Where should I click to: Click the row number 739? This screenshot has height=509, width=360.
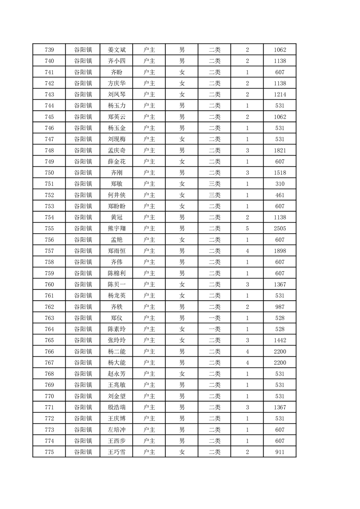pyautogui.click(x=49, y=50)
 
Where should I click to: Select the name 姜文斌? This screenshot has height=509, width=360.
pyautogui.click(x=116, y=50)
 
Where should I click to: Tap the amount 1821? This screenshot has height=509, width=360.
pyautogui.click(x=280, y=150)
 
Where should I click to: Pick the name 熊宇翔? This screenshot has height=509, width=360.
pyautogui.click(x=116, y=229)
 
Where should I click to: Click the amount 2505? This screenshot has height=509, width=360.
pyautogui.click(x=280, y=229)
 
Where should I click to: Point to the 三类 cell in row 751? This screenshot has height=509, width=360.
pyautogui.click(x=214, y=184)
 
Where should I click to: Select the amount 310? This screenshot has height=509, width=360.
pyautogui.click(x=280, y=184)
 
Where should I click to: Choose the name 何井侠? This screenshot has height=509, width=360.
pyautogui.click(x=116, y=195)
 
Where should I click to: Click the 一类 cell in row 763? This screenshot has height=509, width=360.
pyautogui.click(x=214, y=318)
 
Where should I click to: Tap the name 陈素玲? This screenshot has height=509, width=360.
pyautogui.click(x=116, y=329)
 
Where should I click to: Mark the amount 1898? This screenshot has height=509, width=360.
pyautogui.click(x=280, y=251)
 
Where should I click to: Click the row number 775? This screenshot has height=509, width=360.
pyautogui.click(x=49, y=452)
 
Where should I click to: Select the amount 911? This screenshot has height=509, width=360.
pyautogui.click(x=280, y=452)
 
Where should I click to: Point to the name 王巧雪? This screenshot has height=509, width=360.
pyautogui.click(x=116, y=452)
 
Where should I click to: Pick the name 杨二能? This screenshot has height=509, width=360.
pyautogui.click(x=116, y=352)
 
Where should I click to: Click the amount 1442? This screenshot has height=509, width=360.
pyautogui.click(x=280, y=340)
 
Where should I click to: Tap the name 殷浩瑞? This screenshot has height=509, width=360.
pyautogui.click(x=116, y=407)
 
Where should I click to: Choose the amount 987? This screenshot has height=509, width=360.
pyautogui.click(x=280, y=307)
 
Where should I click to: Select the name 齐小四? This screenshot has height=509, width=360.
pyautogui.click(x=116, y=61)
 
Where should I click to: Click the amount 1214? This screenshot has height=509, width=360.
pyautogui.click(x=280, y=94)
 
